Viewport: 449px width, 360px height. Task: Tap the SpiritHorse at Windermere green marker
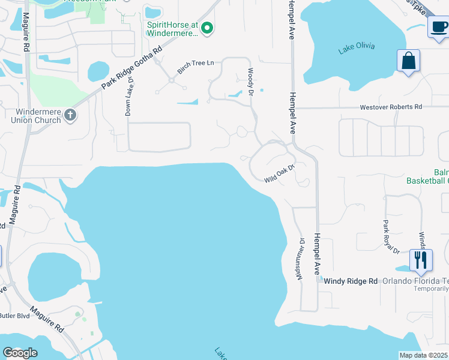click(208, 28)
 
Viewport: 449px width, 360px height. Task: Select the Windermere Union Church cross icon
click(70, 115)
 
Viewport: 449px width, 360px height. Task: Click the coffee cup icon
click(439, 27)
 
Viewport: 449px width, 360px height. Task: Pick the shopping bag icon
click(408, 61)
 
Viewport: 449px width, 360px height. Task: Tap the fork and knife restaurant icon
click(420, 260)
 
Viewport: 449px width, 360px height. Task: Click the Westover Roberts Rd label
click(391, 107)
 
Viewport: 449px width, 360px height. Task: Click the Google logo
click(20, 353)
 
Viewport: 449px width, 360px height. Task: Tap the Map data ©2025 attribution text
click(423, 355)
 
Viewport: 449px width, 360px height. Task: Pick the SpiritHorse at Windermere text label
click(172, 29)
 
